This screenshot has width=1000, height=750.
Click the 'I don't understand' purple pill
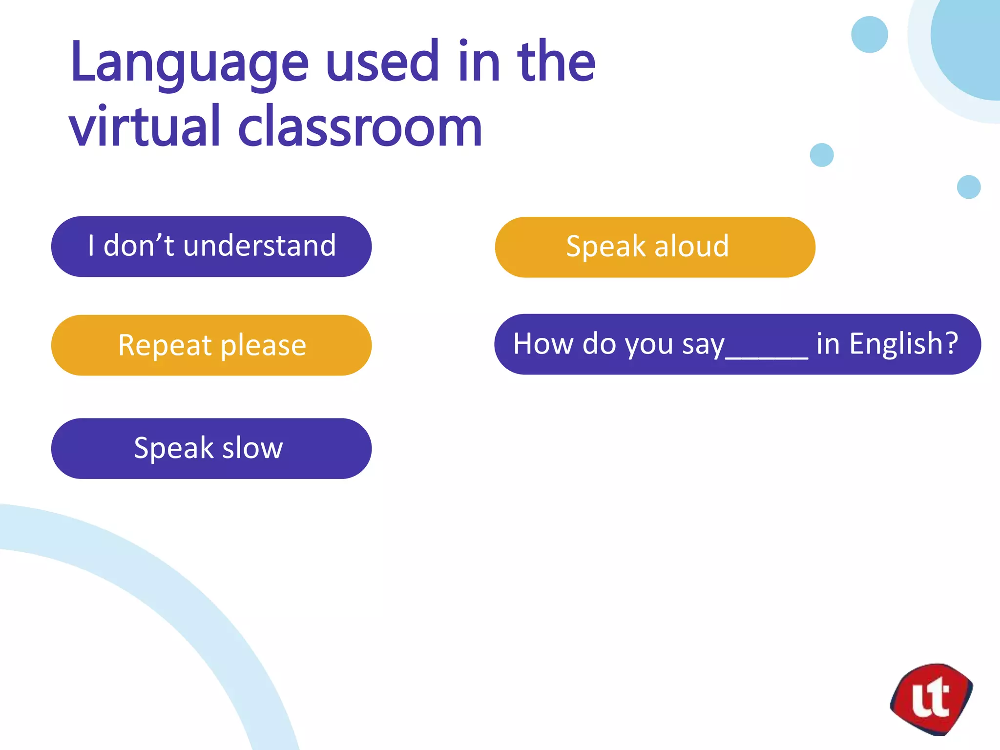coord(211,246)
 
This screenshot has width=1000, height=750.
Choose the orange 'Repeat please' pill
coord(211,345)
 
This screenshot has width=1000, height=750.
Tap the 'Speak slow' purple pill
coord(211,448)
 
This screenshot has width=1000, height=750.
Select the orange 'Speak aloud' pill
coord(654,247)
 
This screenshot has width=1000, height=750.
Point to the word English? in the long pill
coord(903,344)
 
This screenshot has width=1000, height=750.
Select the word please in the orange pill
coord(263,346)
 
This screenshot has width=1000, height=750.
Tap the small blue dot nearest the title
coord(821,155)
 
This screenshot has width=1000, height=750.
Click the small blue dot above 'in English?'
coord(969,187)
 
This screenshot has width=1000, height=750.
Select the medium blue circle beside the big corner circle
coord(869,34)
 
